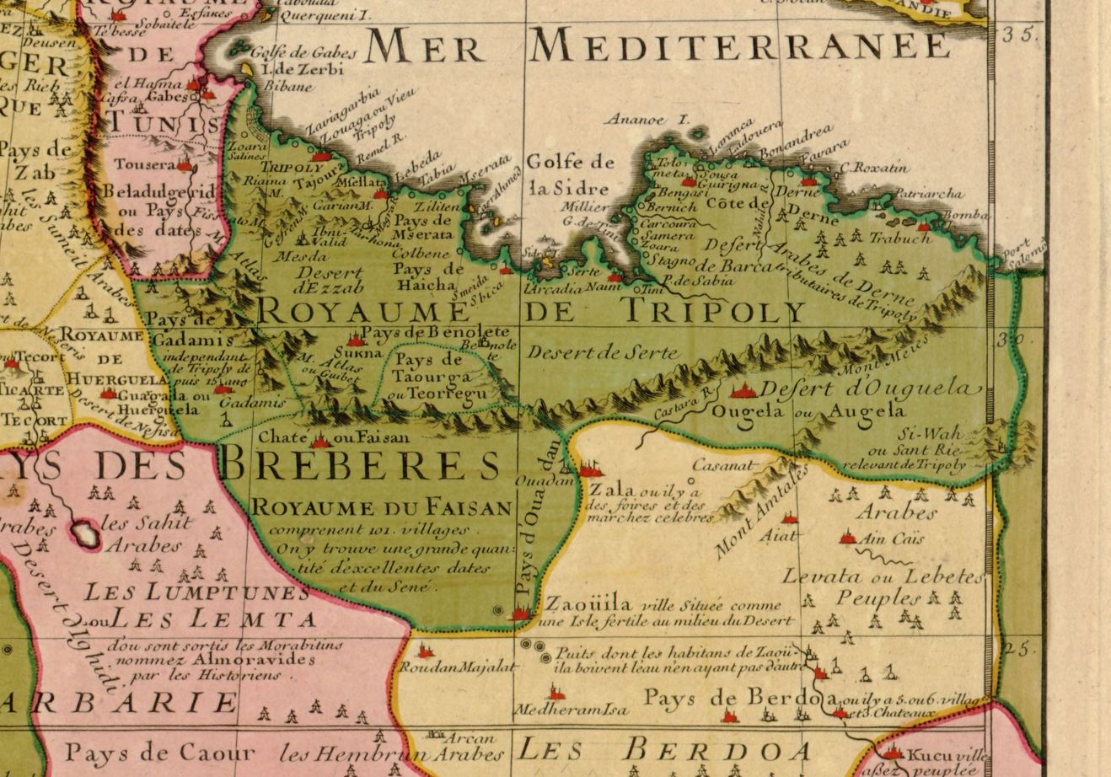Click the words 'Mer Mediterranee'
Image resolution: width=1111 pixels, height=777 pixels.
(657, 46)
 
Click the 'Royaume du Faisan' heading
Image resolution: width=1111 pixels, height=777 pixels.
(382, 507)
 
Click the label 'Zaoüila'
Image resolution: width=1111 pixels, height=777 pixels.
(588, 604)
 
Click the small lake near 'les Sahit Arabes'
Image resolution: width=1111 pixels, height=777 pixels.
(84, 533)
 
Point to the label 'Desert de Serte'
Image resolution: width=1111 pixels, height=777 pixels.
(602, 353)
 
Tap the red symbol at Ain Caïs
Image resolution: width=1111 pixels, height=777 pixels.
(848, 537)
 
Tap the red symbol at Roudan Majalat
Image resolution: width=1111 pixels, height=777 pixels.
(425, 651)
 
